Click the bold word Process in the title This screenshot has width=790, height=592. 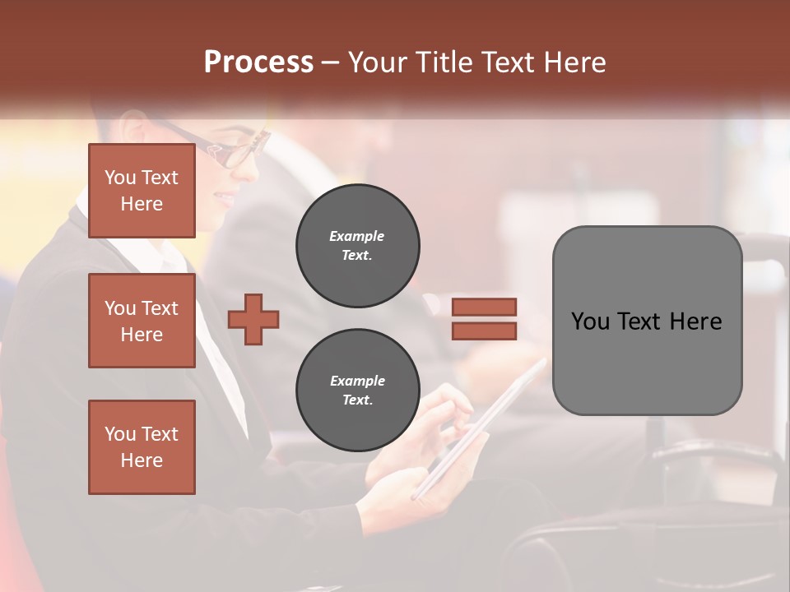258,62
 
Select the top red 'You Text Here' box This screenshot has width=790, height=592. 142,191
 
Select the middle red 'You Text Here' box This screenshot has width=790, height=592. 142,321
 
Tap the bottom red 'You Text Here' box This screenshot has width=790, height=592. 142,447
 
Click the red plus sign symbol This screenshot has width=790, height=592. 253,319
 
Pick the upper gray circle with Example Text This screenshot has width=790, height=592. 357,246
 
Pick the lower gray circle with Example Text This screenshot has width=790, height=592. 357,391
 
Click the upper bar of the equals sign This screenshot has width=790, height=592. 484,307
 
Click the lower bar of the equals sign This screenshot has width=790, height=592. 484,331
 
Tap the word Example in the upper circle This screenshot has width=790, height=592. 357,237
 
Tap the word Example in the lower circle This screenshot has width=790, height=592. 357,382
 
